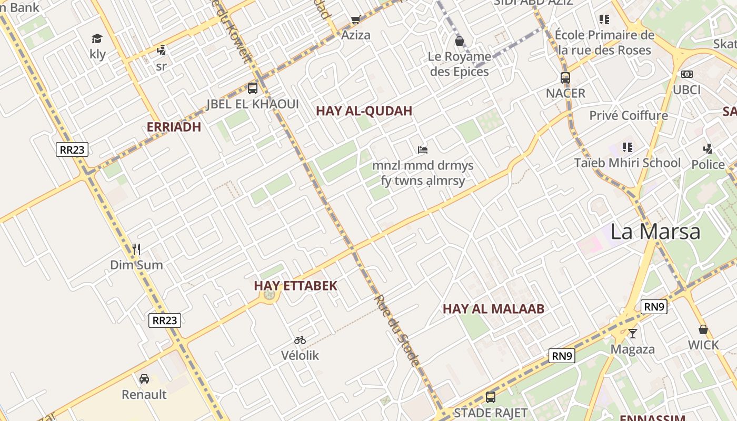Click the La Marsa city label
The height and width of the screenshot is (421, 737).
pyautogui.click(x=655, y=232)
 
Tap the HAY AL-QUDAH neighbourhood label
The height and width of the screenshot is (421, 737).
pyautogui.click(x=364, y=111)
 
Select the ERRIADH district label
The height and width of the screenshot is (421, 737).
pyautogui.click(x=174, y=127)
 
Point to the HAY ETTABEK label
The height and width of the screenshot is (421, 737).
pyautogui.click(x=295, y=286)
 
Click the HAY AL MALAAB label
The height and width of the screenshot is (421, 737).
pyautogui.click(x=493, y=309)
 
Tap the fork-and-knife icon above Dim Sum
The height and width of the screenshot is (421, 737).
pyautogui.click(x=136, y=249)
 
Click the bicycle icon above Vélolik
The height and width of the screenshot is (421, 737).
pyautogui.click(x=300, y=340)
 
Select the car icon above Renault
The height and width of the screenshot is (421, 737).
pyautogui.click(x=144, y=378)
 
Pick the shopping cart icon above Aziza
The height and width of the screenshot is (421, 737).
pyautogui.click(x=356, y=20)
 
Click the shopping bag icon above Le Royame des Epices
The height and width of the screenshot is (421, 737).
pyautogui.click(x=460, y=41)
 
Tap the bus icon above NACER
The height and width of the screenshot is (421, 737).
pyautogui.click(x=565, y=78)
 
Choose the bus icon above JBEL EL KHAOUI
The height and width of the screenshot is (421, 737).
pyautogui.click(x=253, y=88)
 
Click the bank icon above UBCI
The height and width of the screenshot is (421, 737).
pyautogui.click(x=687, y=74)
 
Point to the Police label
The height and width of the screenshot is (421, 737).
pyautogui.click(x=708, y=165)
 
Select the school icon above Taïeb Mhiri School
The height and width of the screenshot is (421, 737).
pyautogui.click(x=627, y=147)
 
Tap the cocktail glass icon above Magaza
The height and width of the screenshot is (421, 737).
pyautogui.click(x=633, y=333)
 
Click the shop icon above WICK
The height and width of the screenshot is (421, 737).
pyautogui.click(x=703, y=330)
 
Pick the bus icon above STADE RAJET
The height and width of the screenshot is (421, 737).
pyautogui.click(x=491, y=397)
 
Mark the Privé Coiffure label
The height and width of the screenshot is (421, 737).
pyautogui.click(x=629, y=116)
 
